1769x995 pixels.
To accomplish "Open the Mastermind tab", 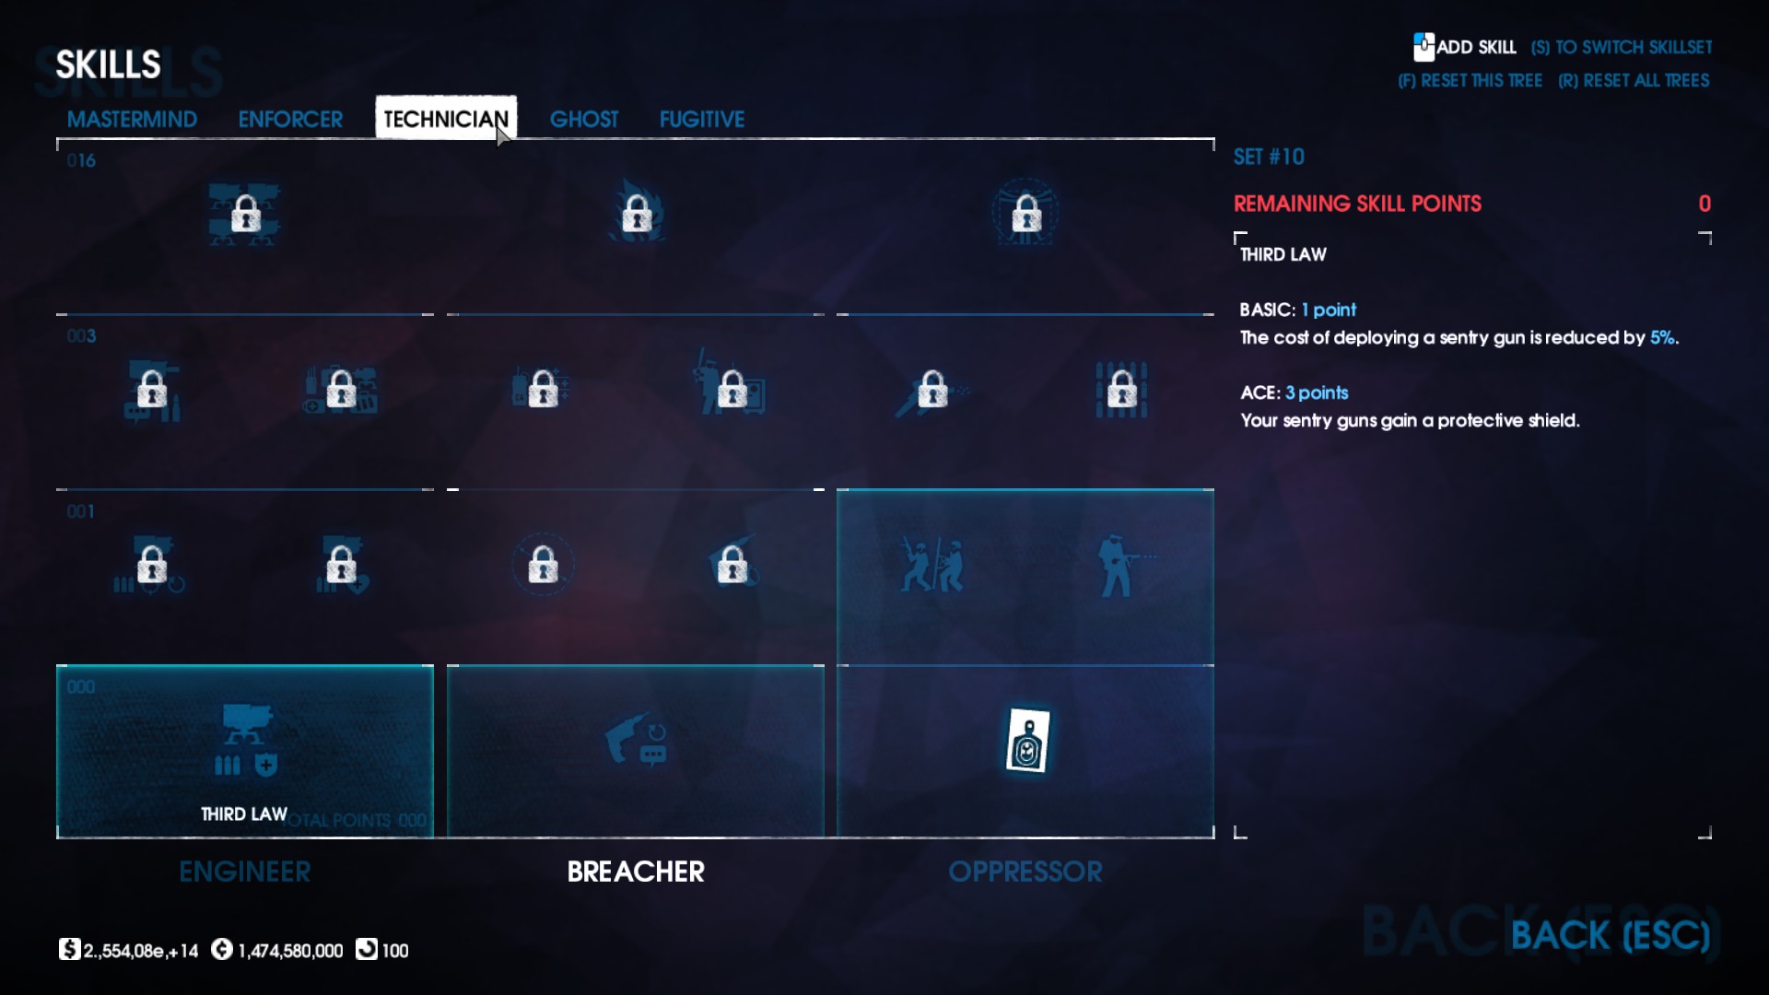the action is [132, 119].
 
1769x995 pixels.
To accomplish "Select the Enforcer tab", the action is [290, 119].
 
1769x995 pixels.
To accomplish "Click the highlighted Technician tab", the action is [445, 119].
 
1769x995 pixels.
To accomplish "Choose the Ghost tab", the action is [584, 119].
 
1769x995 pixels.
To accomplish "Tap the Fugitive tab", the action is [701, 119].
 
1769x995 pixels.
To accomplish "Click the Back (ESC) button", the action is [1610, 936].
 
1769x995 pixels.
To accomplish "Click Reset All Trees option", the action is [1634, 81].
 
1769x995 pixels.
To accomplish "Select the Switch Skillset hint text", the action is [1622, 47].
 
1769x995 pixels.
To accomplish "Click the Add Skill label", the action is [1475, 47].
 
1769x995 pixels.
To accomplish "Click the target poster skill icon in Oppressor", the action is [1027, 740].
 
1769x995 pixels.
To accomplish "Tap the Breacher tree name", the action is [636, 872].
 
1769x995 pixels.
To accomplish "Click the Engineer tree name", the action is [245, 872].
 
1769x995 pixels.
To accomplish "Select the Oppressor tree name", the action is [1025, 872].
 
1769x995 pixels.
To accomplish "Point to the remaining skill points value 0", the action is [1705, 204].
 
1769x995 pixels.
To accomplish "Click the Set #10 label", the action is [1269, 157].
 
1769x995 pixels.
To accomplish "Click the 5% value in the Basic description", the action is [1662, 337].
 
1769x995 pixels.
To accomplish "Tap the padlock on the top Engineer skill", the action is [245, 214].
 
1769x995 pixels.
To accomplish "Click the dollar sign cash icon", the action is [69, 950].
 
